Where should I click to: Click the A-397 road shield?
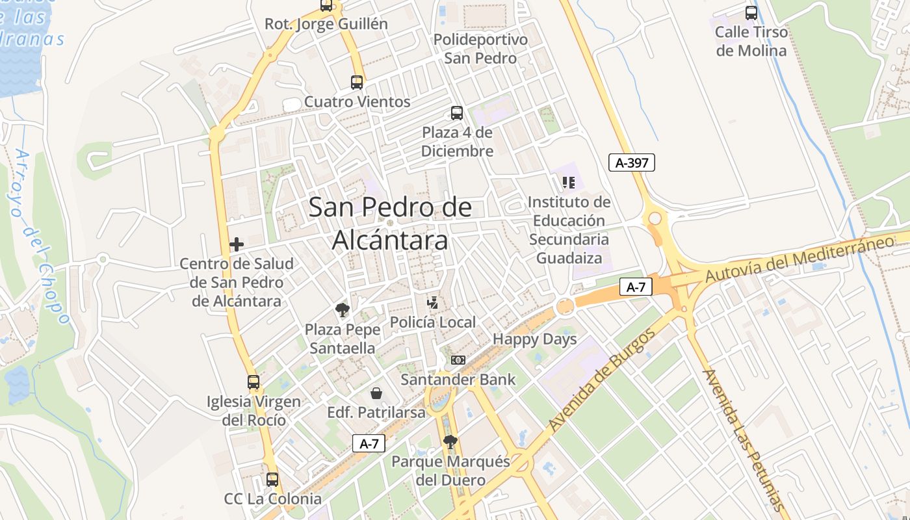tap(631, 162)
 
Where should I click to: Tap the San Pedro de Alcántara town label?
tap(390, 224)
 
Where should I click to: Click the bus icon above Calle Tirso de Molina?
tap(751, 12)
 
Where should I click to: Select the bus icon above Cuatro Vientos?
tap(357, 83)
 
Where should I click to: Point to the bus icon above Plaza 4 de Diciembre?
tap(457, 113)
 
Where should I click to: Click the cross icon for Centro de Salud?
tap(237, 244)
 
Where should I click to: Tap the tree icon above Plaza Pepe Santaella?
tap(342, 310)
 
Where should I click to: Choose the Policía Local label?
tap(433, 322)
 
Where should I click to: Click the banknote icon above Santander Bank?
tap(458, 360)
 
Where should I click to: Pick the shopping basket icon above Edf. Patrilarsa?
tap(376, 393)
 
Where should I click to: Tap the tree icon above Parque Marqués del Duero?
tap(450, 443)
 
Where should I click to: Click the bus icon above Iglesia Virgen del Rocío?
tap(253, 382)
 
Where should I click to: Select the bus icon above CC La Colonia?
tap(272, 480)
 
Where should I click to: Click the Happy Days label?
tap(534, 339)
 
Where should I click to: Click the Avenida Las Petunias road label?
tap(744, 440)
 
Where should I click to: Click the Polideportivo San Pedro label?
tap(480, 49)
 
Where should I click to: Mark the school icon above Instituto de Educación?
tap(569, 183)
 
